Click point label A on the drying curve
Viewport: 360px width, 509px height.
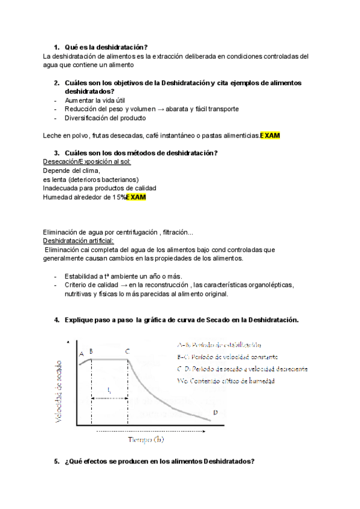pyautogui.click(x=82, y=354)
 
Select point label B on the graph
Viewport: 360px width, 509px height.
pyautogui.click(x=91, y=351)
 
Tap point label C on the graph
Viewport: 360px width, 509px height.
pyautogui.click(x=127, y=351)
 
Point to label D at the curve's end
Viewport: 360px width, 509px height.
pyautogui.click(x=215, y=412)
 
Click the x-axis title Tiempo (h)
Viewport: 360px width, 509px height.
pyautogui.click(x=145, y=439)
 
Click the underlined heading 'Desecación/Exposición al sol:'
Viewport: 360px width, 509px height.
pyautogui.click(x=88, y=162)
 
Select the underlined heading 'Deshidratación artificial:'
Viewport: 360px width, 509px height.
pyautogui.click(x=82, y=240)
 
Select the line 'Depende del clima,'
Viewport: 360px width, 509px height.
pyautogui.click(x=71, y=170)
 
